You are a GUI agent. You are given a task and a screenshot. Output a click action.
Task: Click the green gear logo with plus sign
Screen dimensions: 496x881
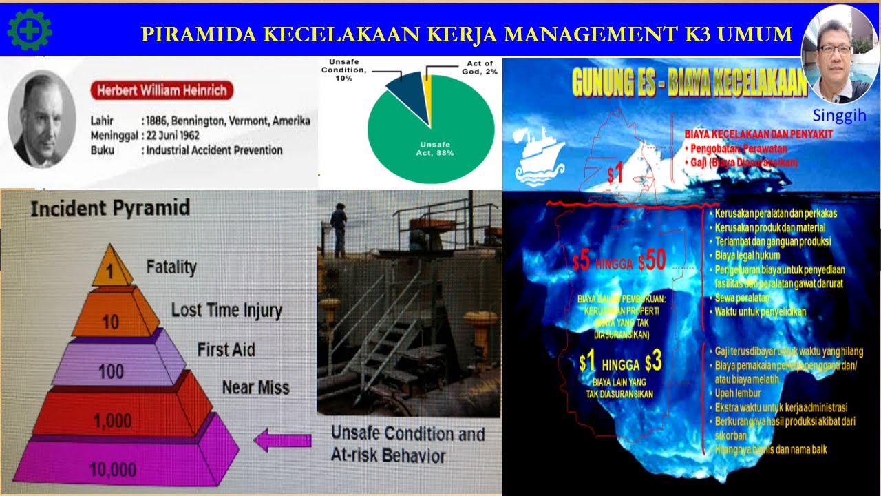tap(30, 30)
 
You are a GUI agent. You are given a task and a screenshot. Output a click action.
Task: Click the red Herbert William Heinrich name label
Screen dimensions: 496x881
tap(162, 90)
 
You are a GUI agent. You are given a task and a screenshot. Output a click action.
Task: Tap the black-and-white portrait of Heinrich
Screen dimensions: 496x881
tap(41, 119)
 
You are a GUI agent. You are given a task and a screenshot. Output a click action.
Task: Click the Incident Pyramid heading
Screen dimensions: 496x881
tap(110, 208)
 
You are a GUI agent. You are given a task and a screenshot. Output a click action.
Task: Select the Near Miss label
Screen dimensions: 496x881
tap(255, 388)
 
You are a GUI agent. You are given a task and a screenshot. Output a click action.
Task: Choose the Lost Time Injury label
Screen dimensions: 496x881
tap(226, 311)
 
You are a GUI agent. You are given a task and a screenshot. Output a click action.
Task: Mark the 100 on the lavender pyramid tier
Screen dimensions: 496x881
tap(110, 372)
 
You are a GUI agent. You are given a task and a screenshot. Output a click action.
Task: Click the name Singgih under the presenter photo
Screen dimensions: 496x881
tap(838, 115)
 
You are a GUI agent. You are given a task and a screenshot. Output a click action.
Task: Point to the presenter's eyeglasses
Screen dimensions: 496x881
tap(834, 50)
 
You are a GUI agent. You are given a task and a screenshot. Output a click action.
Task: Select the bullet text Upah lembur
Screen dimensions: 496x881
tap(738, 393)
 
